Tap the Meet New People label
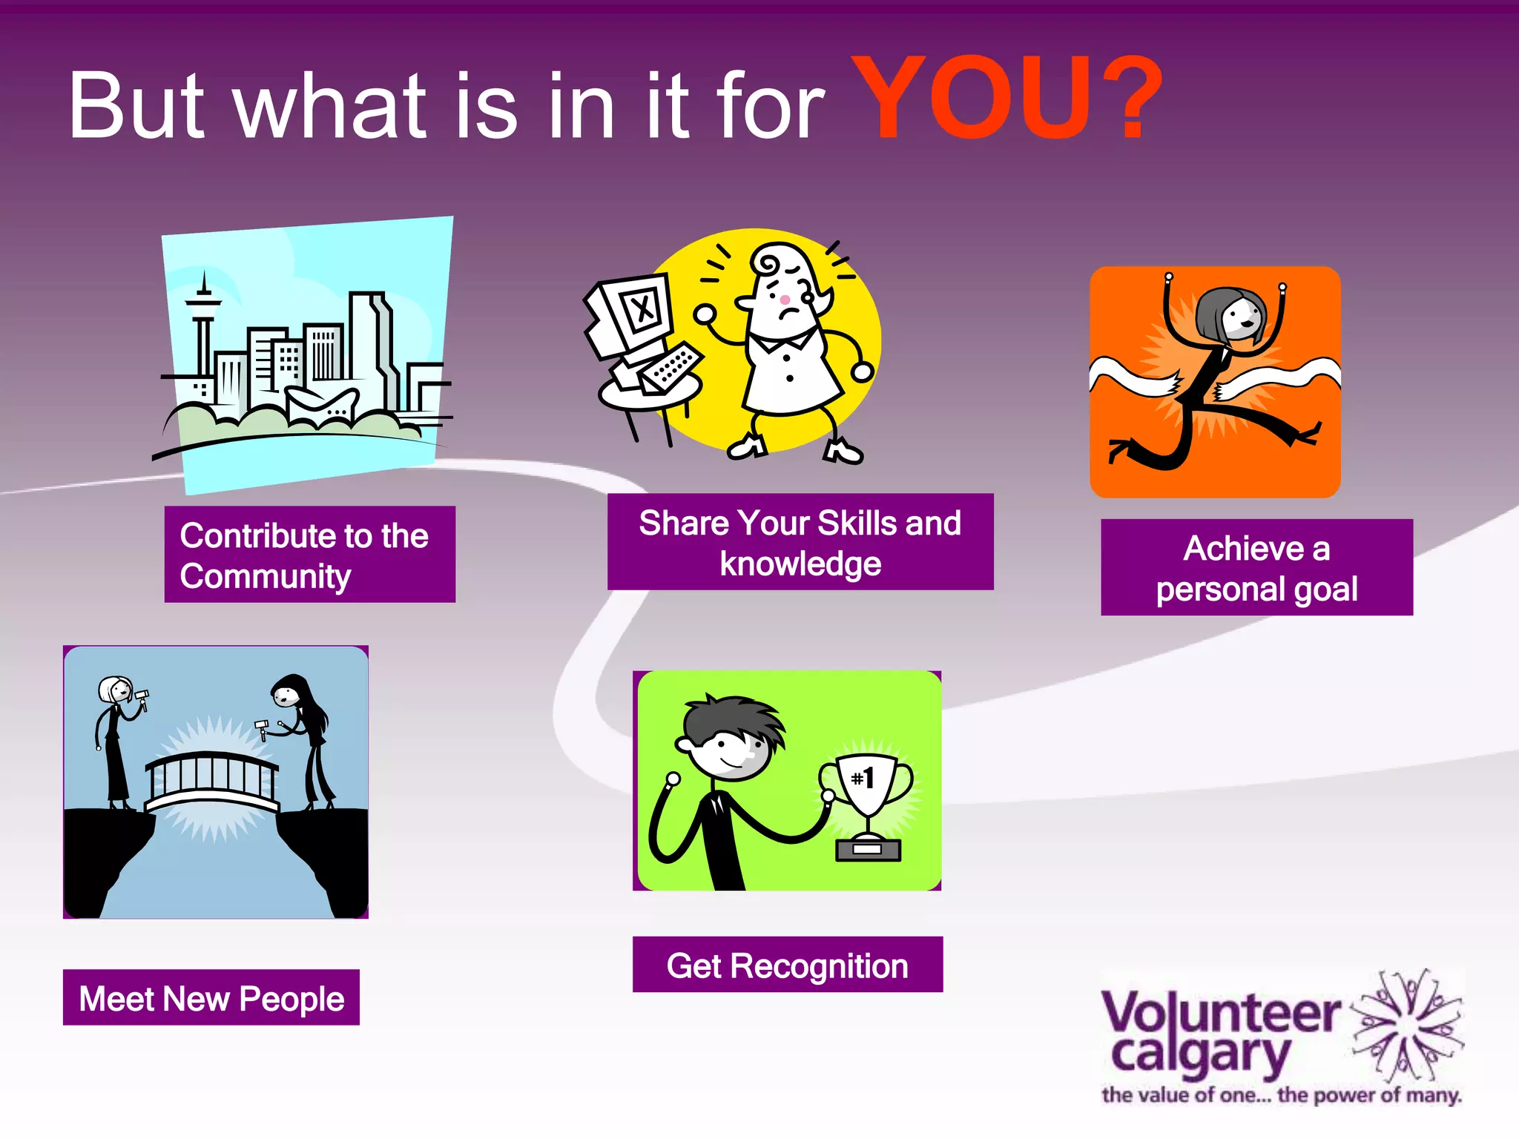click(x=211, y=998)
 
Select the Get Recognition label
click(x=787, y=965)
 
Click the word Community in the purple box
click(x=265, y=576)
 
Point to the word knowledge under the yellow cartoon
click(x=800, y=564)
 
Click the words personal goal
click(x=1256, y=590)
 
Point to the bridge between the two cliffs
click(x=212, y=782)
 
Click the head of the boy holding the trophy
click(x=731, y=738)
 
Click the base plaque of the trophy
click(x=867, y=850)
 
